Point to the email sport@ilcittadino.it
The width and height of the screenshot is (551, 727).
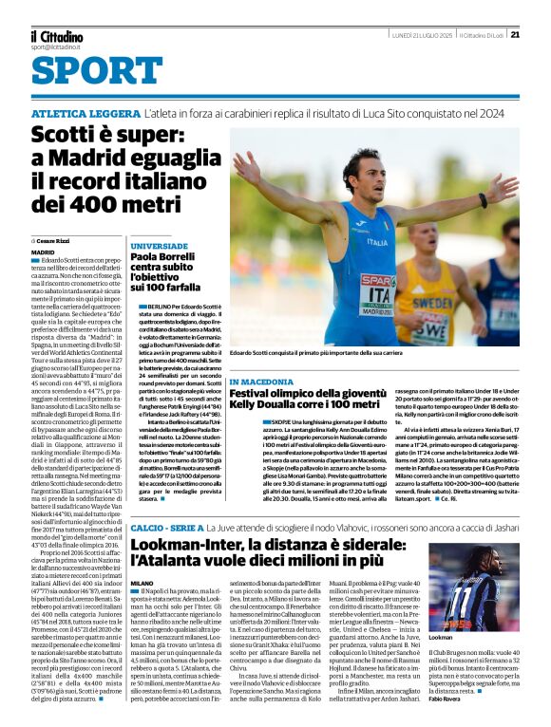point(58,47)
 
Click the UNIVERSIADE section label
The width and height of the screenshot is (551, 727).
point(152,246)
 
